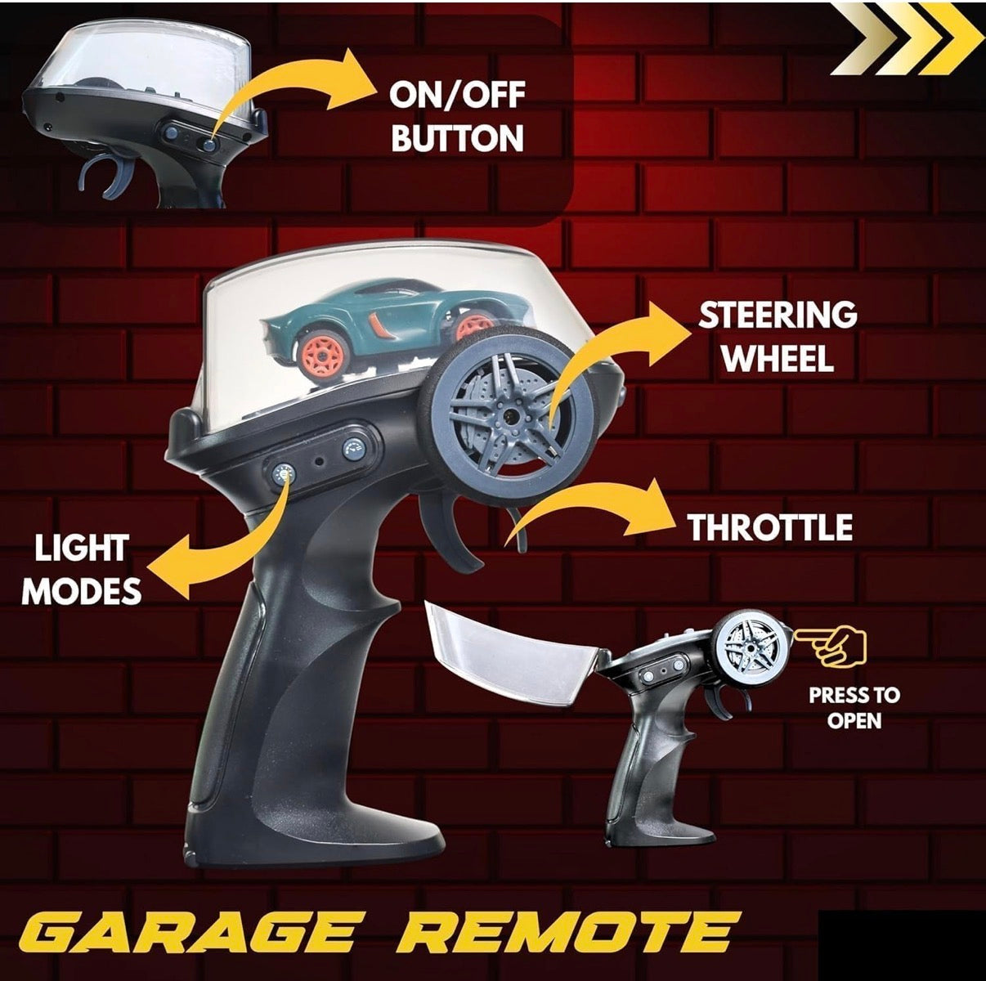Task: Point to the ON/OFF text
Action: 457,95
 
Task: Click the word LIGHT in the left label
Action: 81,548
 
